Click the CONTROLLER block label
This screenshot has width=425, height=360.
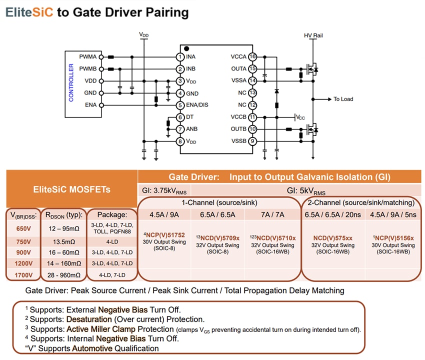point(71,82)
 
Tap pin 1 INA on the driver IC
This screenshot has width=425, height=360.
point(180,56)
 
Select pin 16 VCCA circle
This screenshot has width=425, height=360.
point(252,56)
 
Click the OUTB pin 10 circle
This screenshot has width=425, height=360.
point(252,129)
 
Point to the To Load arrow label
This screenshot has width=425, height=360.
point(343,99)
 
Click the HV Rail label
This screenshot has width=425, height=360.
point(313,36)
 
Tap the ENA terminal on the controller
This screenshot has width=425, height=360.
point(100,105)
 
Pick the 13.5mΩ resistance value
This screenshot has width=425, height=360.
point(63,241)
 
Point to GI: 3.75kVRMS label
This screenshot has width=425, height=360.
point(164,190)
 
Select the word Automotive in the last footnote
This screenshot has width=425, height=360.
point(91,348)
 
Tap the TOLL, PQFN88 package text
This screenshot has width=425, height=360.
point(112,231)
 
